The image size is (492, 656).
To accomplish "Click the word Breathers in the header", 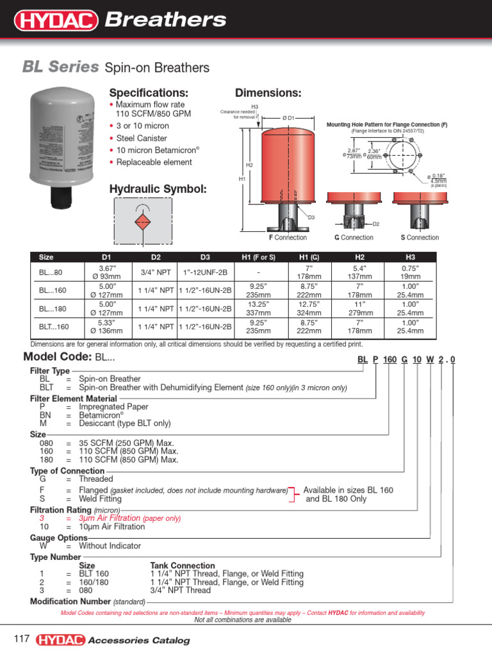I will pos(165,20).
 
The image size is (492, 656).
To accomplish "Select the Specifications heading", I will pos(149,93).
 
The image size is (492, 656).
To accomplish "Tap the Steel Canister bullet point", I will pos(141,138).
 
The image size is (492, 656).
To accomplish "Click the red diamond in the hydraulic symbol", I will pos(142,222).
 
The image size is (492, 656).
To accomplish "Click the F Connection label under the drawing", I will pos(288,237).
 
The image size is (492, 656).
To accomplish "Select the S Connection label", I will pos(420,237).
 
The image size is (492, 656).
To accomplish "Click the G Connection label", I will pos(354,237).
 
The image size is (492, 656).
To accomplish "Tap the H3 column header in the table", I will pos(410,257).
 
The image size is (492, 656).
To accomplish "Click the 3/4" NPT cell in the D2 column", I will pos(156,272).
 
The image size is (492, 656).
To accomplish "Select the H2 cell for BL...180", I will pos(359,308).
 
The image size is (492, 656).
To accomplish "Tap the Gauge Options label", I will pos(59,538).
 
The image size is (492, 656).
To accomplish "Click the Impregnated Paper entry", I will pos(113,407).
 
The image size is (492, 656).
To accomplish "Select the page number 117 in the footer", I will pos(22,639).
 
